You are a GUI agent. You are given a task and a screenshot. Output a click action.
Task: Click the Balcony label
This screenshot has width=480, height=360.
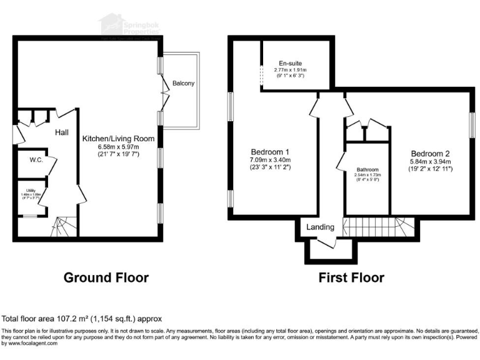pyautogui.click(x=184, y=84)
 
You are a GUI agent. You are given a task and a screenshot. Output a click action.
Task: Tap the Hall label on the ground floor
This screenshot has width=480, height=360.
pyautogui.click(x=61, y=132)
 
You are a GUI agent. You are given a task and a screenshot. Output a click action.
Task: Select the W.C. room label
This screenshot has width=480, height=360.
pyautogui.click(x=36, y=160)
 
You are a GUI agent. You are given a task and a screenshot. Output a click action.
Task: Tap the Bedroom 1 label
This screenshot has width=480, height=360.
pyautogui.click(x=270, y=152)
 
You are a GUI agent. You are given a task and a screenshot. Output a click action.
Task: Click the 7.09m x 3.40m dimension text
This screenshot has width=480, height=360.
pyautogui.click(x=270, y=160)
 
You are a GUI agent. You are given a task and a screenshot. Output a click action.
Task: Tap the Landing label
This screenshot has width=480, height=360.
pyautogui.click(x=320, y=227)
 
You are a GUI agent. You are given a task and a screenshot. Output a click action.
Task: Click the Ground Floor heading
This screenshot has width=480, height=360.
pyautogui.click(x=106, y=277)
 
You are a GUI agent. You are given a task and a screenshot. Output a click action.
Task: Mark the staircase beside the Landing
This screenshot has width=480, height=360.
pyautogui.click(x=371, y=226)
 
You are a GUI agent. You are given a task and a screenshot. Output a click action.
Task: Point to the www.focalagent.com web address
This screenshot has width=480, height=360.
pyautogui.click(x=30, y=343)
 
